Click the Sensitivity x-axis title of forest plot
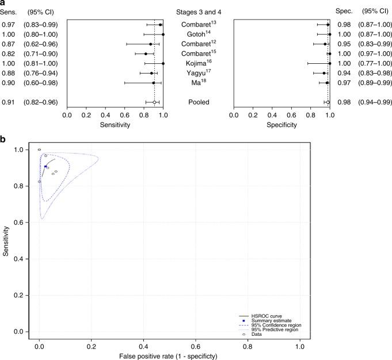pos(115,124)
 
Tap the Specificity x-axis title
pos(281,124)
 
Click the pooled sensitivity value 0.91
pos(8,102)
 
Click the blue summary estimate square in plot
pos(45,167)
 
